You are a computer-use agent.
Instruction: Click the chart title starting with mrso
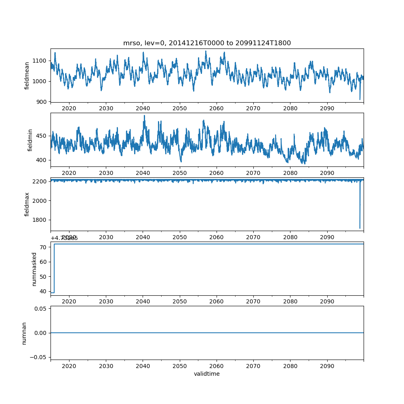point(207,43)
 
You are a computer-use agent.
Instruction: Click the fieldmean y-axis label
point(27,76)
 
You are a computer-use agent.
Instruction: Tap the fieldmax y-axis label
point(27,204)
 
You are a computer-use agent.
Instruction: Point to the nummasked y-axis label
point(34,269)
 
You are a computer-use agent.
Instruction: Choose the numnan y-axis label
point(24,333)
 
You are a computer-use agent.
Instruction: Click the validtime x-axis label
point(207,374)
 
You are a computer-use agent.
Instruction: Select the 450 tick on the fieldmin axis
point(42,136)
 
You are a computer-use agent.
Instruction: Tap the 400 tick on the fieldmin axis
point(42,160)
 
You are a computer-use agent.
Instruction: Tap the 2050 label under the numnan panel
point(180,366)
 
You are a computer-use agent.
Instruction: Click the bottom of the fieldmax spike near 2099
point(360,228)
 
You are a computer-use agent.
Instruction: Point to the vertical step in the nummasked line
point(54,268)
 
